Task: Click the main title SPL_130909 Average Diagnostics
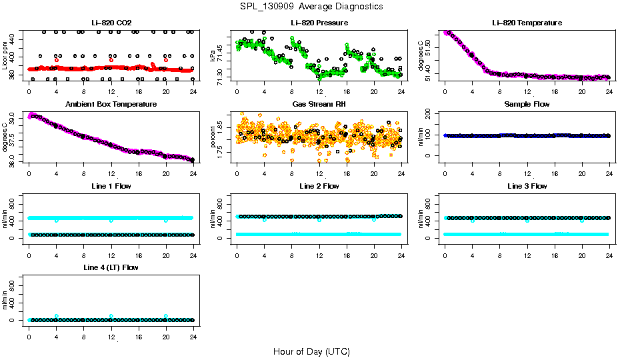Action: coord(312,7)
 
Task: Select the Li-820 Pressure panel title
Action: coord(319,23)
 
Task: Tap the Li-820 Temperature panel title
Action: coord(527,23)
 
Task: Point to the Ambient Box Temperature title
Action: coord(111,105)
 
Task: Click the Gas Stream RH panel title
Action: coord(319,105)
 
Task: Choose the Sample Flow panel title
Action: coord(527,105)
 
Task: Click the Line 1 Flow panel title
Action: coord(111,186)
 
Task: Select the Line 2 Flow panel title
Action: coord(319,186)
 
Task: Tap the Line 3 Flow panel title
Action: coord(527,186)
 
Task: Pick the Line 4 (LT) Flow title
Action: coord(111,267)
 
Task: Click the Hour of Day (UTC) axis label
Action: coord(311,351)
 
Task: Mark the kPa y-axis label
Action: coord(213,56)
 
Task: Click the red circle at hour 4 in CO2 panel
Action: coord(57,60)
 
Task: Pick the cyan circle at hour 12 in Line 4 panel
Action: coord(111,316)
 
